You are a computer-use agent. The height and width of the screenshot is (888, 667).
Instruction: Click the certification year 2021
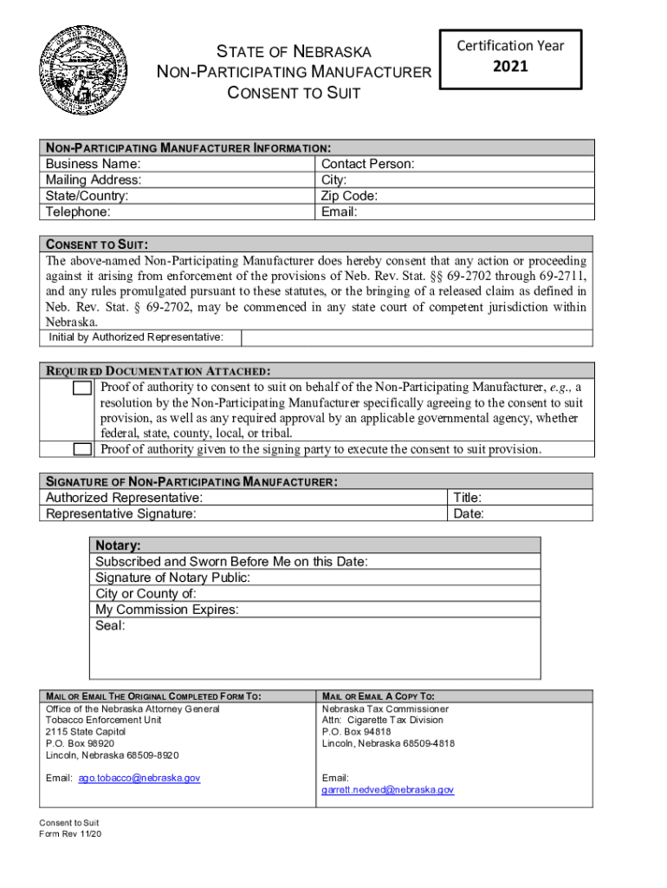[x=510, y=65]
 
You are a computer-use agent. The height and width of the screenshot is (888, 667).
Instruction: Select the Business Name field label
[x=94, y=164]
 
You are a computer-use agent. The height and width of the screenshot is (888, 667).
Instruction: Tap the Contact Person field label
[x=367, y=164]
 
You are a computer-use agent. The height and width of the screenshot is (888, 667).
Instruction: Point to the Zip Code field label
[x=349, y=196]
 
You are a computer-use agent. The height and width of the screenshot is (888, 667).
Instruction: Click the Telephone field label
[x=78, y=212]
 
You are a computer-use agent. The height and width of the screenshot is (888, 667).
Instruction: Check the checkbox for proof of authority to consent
[x=82, y=388]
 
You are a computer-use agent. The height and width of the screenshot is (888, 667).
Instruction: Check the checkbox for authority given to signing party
[x=82, y=449]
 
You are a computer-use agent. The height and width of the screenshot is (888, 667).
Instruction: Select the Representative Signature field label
[x=120, y=513]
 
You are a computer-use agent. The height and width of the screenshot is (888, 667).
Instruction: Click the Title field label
[x=468, y=498]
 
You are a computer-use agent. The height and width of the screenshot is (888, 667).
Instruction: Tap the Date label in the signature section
[x=469, y=513]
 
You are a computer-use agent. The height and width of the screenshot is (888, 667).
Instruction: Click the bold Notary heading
[x=118, y=545]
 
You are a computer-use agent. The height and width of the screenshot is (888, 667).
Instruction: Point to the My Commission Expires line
[x=167, y=610]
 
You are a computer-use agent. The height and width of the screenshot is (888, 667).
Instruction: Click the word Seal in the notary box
[x=110, y=625]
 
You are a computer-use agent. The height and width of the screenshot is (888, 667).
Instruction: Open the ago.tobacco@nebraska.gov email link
[x=139, y=778]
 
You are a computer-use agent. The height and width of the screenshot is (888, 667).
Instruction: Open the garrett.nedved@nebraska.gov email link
[x=387, y=790]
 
